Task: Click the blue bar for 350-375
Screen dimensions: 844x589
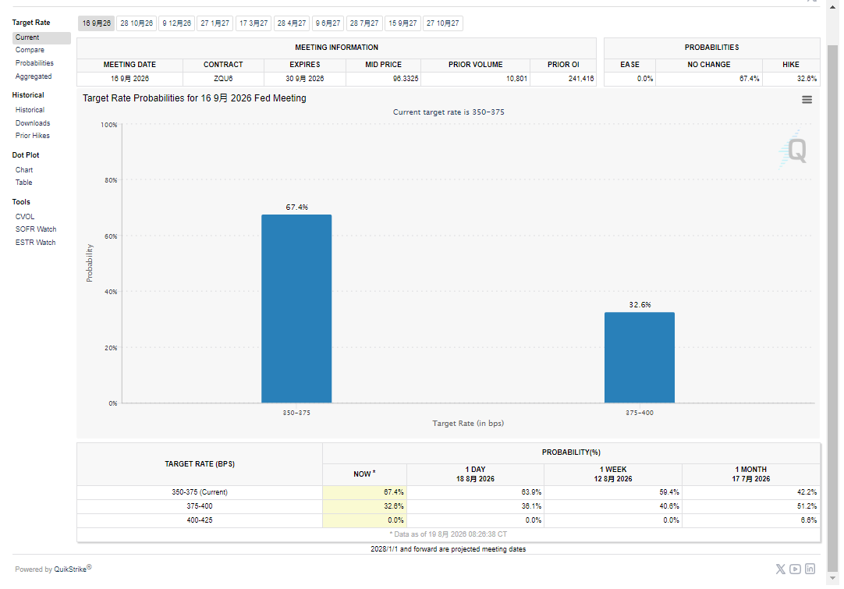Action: pos(296,308)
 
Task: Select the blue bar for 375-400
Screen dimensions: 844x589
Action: pos(640,357)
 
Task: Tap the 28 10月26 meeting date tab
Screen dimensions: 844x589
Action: pos(137,23)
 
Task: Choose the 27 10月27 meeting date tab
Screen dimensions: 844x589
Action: pos(443,23)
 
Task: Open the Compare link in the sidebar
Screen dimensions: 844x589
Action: pos(30,50)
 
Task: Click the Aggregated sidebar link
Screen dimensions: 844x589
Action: pos(34,76)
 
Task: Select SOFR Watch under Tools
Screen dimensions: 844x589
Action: pos(36,229)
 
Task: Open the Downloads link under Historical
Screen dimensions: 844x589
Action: pos(33,123)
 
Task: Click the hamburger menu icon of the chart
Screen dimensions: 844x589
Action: pos(807,100)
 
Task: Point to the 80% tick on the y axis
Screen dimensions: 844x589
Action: pos(111,180)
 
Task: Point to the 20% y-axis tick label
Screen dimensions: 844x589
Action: pos(111,348)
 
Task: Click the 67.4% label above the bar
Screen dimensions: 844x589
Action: pos(297,208)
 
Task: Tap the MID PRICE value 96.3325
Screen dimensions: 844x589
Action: pos(406,79)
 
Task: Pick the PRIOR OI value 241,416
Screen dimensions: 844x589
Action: pos(581,79)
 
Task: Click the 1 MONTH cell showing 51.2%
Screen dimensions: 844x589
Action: pos(807,506)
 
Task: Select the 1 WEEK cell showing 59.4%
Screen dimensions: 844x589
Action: pos(669,492)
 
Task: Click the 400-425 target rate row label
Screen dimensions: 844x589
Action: pos(200,520)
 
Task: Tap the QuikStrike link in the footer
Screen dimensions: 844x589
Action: pos(70,569)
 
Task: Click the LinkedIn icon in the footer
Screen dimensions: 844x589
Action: pos(810,569)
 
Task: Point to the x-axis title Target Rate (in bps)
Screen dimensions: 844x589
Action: pos(468,424)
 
